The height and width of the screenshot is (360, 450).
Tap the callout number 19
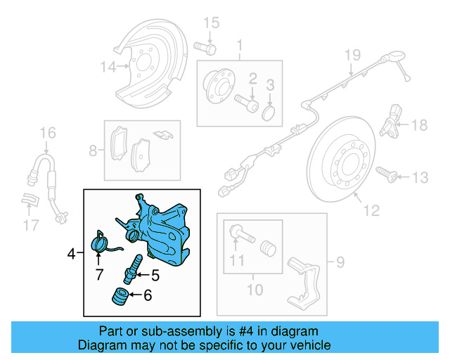pos(352,55)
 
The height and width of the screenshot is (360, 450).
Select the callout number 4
pos(71,252)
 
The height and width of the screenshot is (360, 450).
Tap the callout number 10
pos(252,289)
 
